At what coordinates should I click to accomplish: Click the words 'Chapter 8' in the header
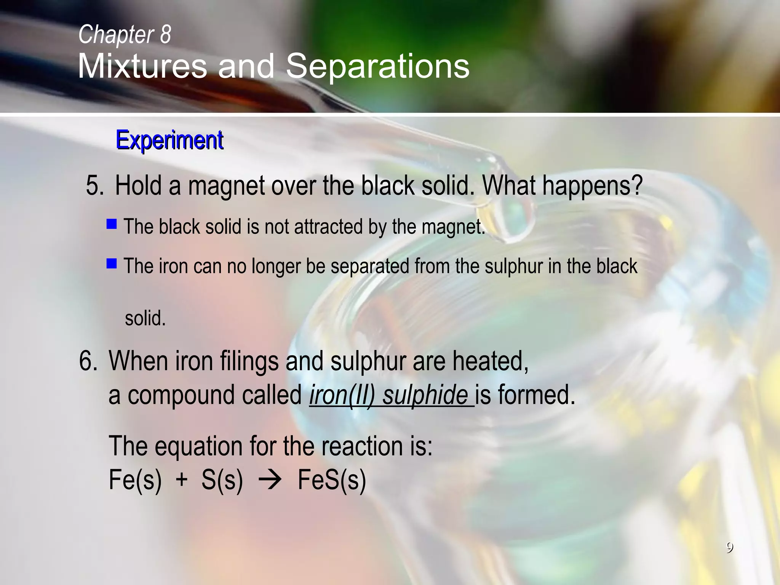click(125, 34)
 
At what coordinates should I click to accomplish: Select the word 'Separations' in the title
click(377, 66)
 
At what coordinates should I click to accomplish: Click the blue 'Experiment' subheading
click(169, 140)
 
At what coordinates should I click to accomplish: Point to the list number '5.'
click(95, 186)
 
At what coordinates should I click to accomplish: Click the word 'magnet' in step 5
click(226, 186)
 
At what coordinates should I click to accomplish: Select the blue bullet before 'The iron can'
click(112, 264)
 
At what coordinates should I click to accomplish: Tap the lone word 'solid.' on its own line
click(145, 318)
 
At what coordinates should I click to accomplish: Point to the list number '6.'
click(88, 361)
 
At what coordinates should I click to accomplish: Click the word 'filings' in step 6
click(249, 361)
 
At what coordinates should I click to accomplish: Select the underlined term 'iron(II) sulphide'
click(388, 395)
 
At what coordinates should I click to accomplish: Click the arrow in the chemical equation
click(270, 480)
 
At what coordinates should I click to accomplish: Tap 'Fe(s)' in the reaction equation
click(135, 480)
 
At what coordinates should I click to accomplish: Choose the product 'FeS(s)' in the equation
click(331, 480)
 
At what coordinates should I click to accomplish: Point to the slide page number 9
click(729, 548)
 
